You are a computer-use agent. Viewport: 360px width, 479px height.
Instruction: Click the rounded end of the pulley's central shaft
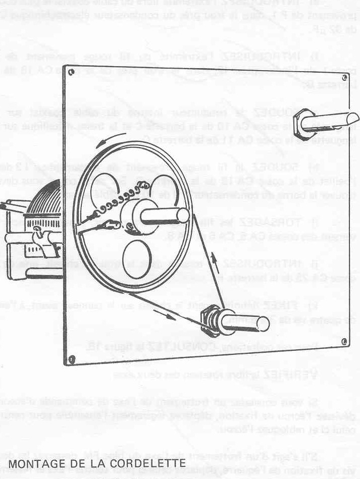click(x=183, y=216)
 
